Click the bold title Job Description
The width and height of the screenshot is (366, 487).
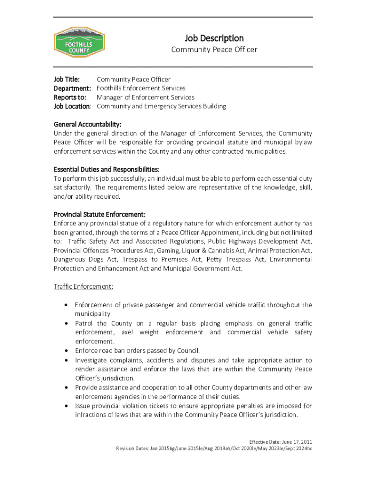[x=214, y=38]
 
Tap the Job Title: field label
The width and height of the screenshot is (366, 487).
[x=67, y=79]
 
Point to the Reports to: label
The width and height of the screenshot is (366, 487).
[x=70, y=97]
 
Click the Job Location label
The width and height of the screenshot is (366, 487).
[x=72, y=106]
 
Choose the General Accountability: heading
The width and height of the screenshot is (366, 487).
[x=91, y=125]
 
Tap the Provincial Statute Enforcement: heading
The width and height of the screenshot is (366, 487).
[x=99, y=214]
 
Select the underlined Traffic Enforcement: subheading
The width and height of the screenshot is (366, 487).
[x=83, y=287]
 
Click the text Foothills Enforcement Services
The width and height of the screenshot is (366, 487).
[x=141, y=88]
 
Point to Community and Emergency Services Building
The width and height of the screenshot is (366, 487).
[x=162, y=106]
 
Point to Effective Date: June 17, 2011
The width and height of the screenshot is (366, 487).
[x=281, y=441]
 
